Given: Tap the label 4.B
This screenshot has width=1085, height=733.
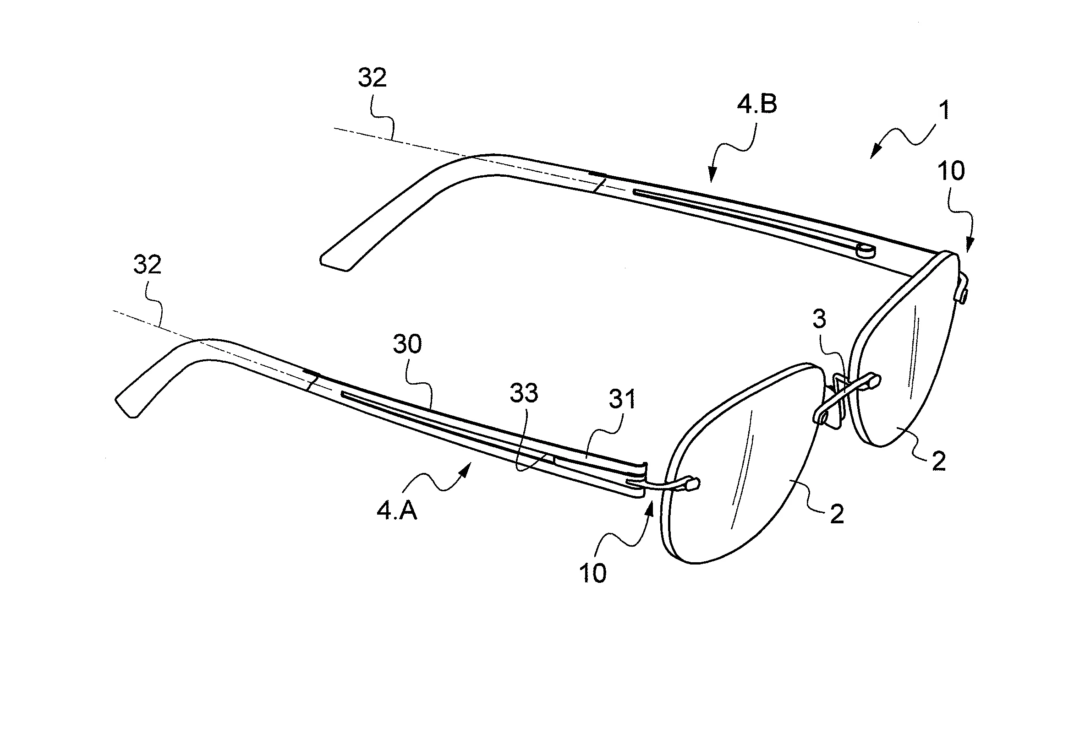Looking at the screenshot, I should (757, 104).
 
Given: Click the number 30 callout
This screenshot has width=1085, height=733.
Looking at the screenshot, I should (408, 344).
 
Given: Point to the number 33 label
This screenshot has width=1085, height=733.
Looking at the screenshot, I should (524, 393).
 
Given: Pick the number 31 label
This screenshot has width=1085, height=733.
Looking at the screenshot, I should (622, 399).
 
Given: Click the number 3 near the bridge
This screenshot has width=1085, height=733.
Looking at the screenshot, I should (819, 319).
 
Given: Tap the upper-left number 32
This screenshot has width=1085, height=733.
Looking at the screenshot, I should (373, 78).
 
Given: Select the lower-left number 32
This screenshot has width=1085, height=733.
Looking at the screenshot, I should (148, 265).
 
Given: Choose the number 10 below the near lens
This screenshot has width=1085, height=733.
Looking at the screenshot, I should (593, 573).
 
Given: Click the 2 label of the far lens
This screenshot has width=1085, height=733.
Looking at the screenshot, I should (938, 462).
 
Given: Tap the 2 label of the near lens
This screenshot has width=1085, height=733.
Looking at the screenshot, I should (837, 515).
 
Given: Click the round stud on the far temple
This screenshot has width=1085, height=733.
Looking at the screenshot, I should (866, 251).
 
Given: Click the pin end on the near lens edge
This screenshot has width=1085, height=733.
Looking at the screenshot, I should (693, 484).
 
